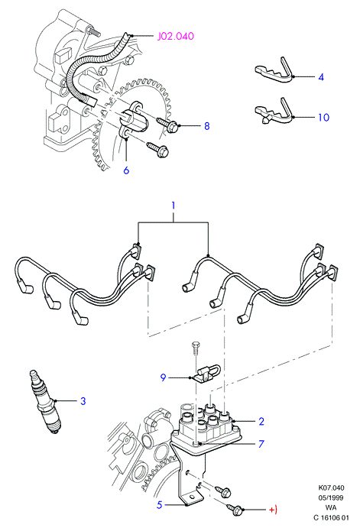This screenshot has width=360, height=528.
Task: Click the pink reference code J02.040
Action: (x=176, y=36)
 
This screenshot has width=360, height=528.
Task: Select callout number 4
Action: (x=321, y=77)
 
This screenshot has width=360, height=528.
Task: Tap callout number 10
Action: (x=323, y=117)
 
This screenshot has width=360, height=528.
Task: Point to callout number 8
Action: (x=207, y=126)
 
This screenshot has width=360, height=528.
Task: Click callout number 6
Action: (x=126, y=170)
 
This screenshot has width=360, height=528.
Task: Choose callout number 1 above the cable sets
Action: (x=174, y=205)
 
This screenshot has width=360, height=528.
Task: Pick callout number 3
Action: (x=83, y=400)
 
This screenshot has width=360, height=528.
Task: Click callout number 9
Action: (x=163, y=377)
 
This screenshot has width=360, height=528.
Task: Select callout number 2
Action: (x=261, y=421)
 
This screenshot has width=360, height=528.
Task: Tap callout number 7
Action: (x=261, y=444)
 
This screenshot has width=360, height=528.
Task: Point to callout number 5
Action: (x=160, y=505)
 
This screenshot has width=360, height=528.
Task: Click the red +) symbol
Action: (x=273, y=510)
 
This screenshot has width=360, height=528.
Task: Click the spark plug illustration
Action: (x=45, y=402)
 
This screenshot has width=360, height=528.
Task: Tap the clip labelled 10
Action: (x=273, y=111)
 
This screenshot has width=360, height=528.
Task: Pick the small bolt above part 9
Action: (x=196, y=348)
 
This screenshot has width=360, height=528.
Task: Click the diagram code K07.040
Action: (x=332, y=488)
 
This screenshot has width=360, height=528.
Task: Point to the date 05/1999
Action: (x=332, y=497)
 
